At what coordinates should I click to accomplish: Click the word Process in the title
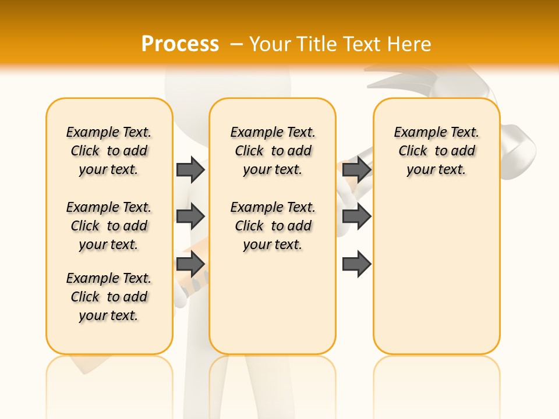coord(180,44)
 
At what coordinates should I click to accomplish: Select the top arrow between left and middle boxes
coord(190,169)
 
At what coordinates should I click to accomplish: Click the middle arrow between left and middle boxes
coord(190,216)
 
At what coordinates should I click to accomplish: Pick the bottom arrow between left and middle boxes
coord(190,264)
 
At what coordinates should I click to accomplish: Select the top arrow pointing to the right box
coord(356,169)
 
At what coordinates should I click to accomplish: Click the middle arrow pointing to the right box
coord(356,216)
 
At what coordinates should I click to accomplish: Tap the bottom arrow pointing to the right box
coord(356,264)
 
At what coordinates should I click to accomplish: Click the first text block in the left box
coord(109,151)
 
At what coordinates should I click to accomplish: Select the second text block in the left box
coord(109,226)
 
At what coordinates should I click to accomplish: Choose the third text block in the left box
coord(109,297)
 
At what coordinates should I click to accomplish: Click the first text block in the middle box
coord(273,151)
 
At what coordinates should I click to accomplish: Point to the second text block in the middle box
coord(273,226)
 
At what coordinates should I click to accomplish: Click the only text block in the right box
coord(436,151)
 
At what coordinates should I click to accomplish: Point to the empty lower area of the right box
coord(436,279)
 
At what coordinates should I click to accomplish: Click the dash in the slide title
coord(236,44)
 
